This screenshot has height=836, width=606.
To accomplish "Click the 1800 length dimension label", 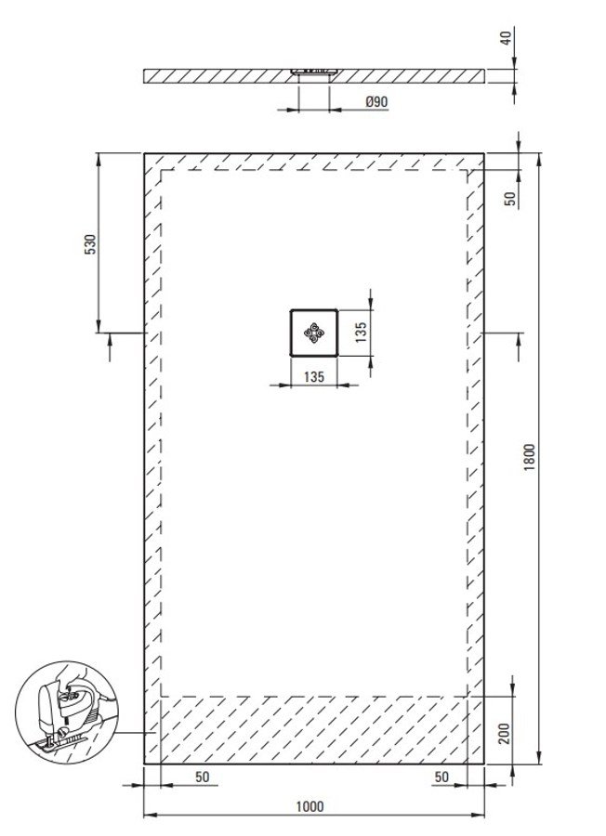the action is click(529, 456).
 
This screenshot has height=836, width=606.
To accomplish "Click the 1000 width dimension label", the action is click(310, 806).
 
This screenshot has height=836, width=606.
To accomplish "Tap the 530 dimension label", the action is click(91, 243).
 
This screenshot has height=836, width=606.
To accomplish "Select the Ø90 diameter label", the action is click(376, 101).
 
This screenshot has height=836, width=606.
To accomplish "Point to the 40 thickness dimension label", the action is click(506, 38).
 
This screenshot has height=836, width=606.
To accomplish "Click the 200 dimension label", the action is click(505, 733).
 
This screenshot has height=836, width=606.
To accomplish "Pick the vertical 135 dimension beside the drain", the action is click(361, 332).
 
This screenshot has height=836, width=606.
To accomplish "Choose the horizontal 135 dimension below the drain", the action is click(313, 376).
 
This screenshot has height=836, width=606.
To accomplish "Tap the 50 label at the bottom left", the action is click(203, 777).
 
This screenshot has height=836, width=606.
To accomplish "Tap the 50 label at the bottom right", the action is click(441, 777).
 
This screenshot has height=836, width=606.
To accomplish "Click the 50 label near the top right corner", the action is click(510, 199).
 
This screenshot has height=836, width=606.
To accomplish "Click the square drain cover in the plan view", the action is click(313, 333).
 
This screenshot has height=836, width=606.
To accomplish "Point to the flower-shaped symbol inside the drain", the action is click(313, 333).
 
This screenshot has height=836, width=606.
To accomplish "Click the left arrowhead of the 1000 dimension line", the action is click(151, 815).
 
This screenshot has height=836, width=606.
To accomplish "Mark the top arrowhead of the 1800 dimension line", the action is click(539, 160).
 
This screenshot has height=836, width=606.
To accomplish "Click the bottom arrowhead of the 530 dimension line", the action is click(99, 326).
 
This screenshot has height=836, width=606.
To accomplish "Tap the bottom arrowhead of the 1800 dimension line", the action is click(539, 757).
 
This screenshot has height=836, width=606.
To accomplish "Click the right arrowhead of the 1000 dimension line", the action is click(478, 815).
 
